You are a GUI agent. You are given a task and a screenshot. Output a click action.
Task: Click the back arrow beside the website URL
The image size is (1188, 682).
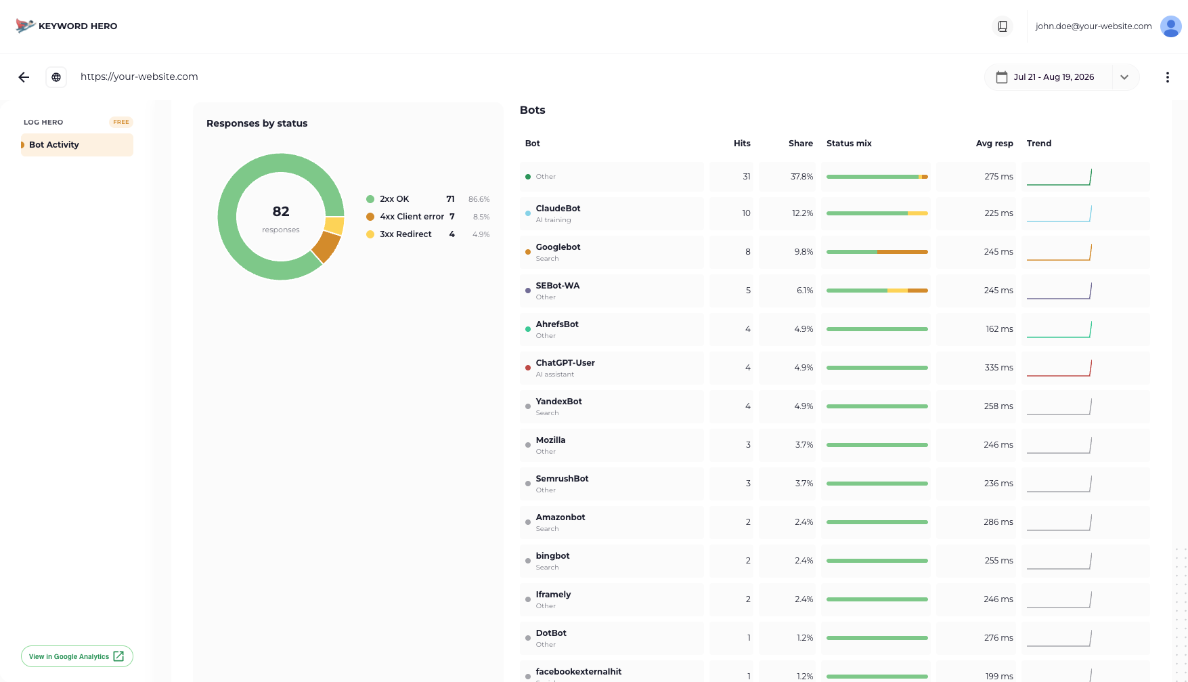click(24, 77)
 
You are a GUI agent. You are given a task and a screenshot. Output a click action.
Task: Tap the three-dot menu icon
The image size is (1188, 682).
click(1167, 77)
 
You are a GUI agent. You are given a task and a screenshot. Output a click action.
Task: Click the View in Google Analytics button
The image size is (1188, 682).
click(77, 656)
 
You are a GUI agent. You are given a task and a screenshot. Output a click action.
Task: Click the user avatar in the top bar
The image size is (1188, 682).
click(1170, 26)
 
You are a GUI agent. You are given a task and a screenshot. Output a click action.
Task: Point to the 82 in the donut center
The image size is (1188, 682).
click(281, 211)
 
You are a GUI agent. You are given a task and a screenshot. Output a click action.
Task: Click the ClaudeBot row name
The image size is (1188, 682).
click(558, 209)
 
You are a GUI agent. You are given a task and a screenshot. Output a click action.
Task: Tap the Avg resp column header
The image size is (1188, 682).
click(994, 144)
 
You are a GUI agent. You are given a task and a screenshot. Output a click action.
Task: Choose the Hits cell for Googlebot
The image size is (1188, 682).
click(748, 252)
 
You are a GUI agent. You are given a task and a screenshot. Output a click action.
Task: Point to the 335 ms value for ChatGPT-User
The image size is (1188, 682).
click(999, 368)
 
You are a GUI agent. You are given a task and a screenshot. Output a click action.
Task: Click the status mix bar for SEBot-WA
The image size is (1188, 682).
click(877, 291)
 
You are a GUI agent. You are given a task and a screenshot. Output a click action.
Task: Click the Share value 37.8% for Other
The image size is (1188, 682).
click(802, 177)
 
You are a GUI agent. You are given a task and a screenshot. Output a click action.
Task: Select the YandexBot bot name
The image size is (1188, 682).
click(559, 402)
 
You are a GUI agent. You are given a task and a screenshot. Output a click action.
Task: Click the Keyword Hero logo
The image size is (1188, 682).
click(66, 26)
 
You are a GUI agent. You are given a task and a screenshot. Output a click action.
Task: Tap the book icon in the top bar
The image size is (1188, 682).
click(1003, 26)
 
